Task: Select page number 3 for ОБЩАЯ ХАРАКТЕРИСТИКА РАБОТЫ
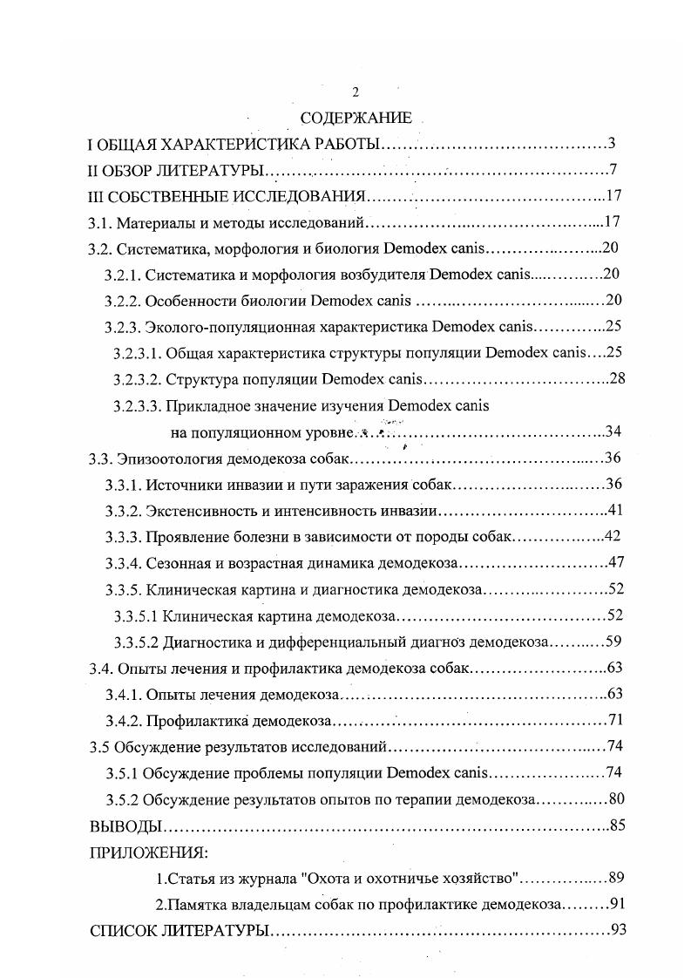[613, 143]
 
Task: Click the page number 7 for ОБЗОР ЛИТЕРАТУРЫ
[613, 169]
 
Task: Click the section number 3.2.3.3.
[136, 405]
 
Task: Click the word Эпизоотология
[168, 458]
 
